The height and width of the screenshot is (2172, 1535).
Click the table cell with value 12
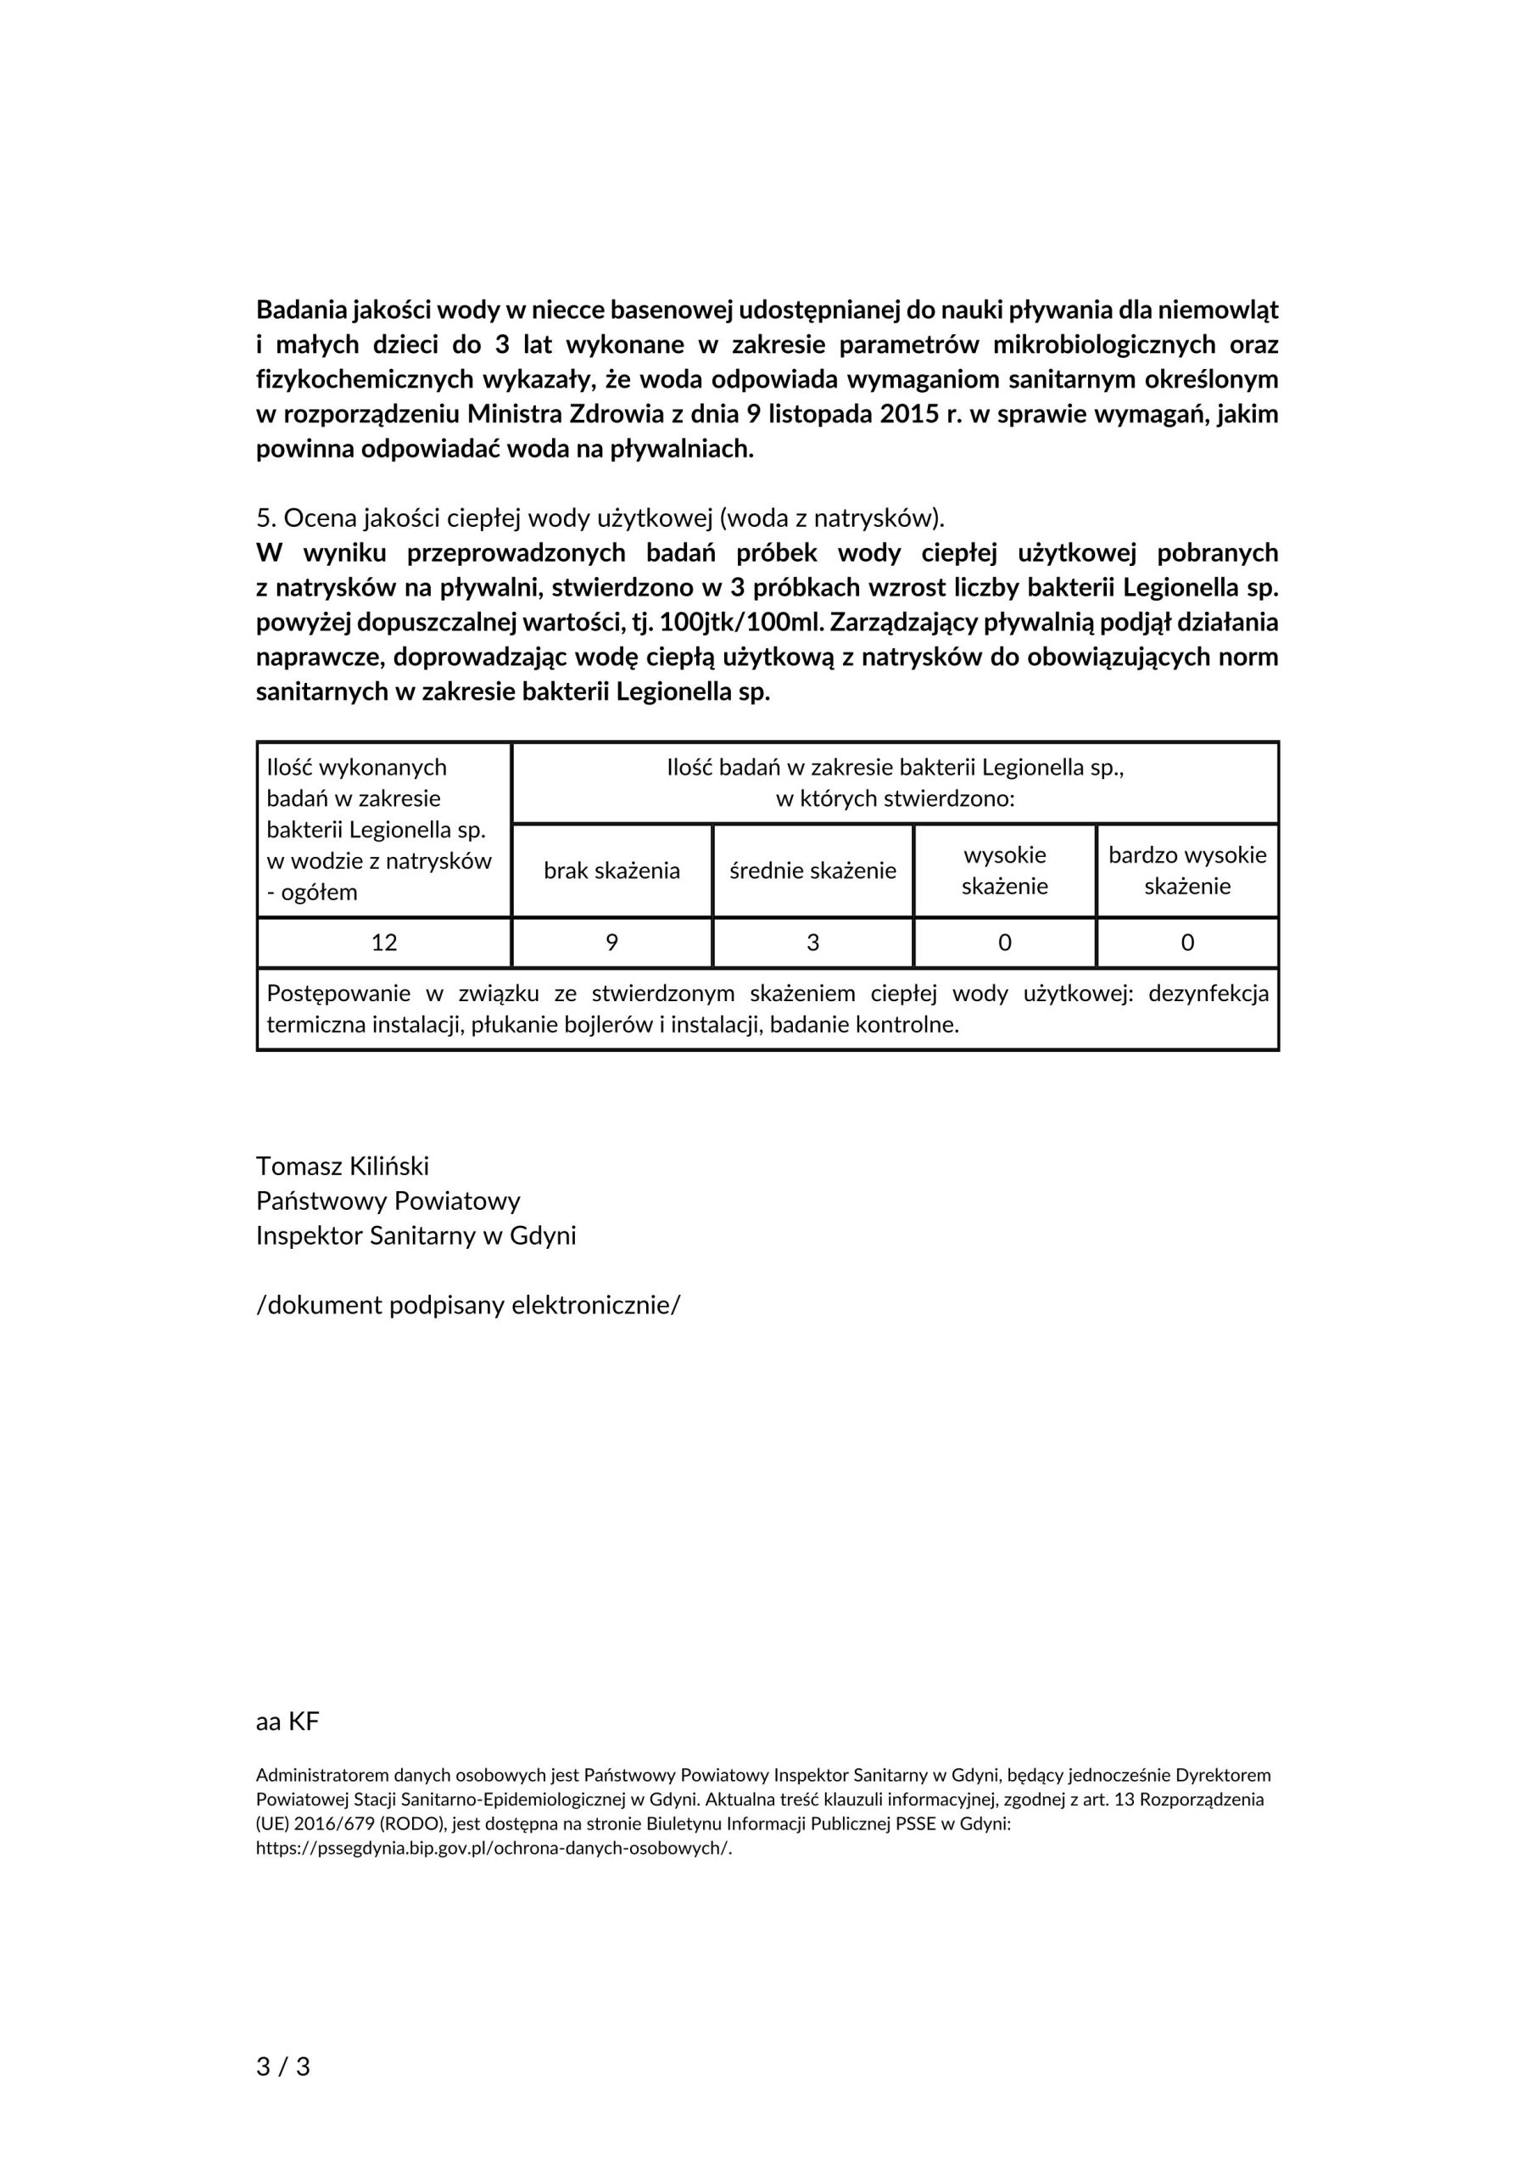(384, 943)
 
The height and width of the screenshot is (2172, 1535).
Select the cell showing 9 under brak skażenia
(612, 943)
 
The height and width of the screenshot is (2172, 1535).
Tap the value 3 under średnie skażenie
(812, 943)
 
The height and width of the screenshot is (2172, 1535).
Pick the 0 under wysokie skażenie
(1004, 943)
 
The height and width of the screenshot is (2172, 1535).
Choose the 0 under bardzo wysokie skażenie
(1187, 943)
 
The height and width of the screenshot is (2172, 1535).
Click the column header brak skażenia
(612, 870)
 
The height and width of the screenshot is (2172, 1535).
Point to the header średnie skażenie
(812, 870)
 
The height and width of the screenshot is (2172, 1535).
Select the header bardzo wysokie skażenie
(1187, 870)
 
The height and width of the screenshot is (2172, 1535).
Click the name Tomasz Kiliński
(343, 1167)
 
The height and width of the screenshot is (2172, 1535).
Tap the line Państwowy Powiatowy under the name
(388, 1201)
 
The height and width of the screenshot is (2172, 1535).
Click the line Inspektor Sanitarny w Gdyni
(416, 1235)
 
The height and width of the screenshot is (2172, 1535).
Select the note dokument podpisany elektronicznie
(468, 1306)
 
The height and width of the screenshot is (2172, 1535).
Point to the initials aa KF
(287, 1721)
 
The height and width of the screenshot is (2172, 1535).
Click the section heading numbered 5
(600, 518)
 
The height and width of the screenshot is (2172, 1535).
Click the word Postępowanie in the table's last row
(338, 994)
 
